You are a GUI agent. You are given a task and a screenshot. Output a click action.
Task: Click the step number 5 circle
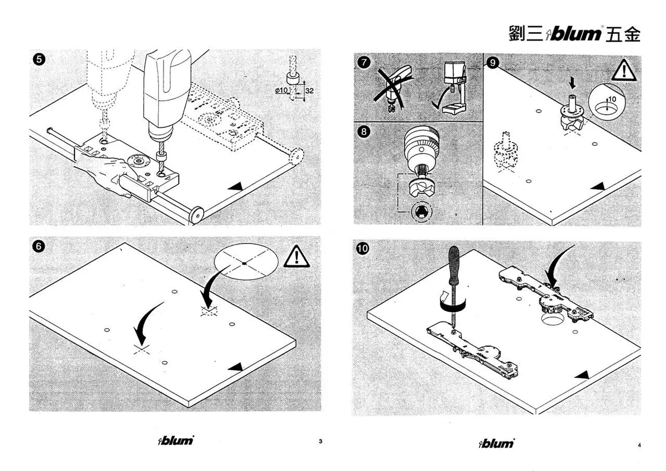[x=39, y=59]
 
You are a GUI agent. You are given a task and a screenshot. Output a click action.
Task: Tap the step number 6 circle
[x=38, y=246]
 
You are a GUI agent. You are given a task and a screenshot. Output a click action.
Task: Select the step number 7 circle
[x=364, y=63]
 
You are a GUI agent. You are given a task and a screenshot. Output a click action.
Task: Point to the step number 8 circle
[x=364, y=131]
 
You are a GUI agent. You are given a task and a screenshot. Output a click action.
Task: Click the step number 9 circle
[x=493, y=63]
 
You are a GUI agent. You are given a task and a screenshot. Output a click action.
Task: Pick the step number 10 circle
[x=362, y=248]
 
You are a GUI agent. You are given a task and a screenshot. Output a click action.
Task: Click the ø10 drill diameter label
[x=281, y=90]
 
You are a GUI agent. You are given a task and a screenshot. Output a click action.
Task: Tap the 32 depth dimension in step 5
[x=309, y=90]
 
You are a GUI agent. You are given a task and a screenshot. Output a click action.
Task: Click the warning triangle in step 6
[x=296, y=256]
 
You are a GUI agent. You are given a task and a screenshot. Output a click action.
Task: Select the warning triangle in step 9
[x=624, y=70]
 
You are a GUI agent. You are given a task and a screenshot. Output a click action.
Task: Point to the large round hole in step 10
[x=552, y=320]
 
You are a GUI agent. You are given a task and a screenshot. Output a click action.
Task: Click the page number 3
[x=320, y=441]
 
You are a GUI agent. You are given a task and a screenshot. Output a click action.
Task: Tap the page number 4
[x=639, y=445]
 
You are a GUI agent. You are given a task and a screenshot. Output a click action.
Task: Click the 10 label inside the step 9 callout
[x=612, y=99]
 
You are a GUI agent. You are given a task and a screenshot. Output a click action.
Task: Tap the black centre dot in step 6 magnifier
[x=244, y=264]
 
